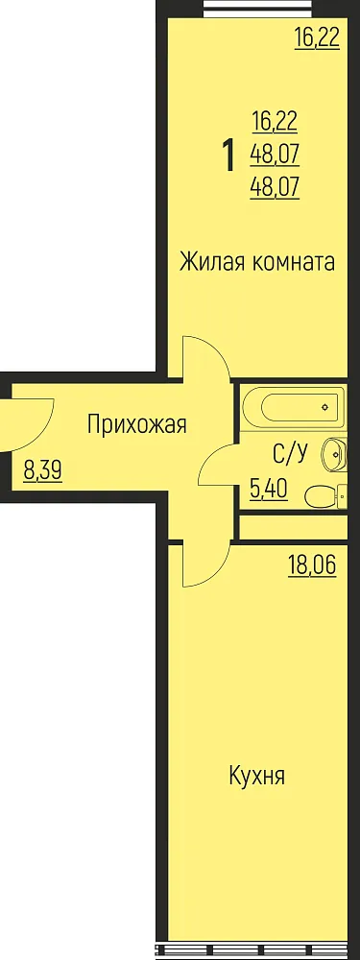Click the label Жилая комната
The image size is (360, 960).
(x=257, y=262)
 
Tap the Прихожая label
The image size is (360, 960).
(x=136, y=423)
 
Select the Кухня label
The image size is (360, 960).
(x=257, y=777)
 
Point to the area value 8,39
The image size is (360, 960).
(x=42, y=472)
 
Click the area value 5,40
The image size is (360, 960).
(x=269, y=490)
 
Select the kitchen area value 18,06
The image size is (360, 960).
(x=312, y=566)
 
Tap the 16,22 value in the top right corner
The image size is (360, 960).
(x=317, y=39)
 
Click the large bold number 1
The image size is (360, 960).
(x=229, y=156)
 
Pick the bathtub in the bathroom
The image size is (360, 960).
(x=291, y=406)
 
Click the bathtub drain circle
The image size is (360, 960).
(x=326, y=406)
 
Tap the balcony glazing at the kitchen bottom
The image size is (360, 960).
(x=257, y=950)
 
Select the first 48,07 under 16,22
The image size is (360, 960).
(x=275, y=155)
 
